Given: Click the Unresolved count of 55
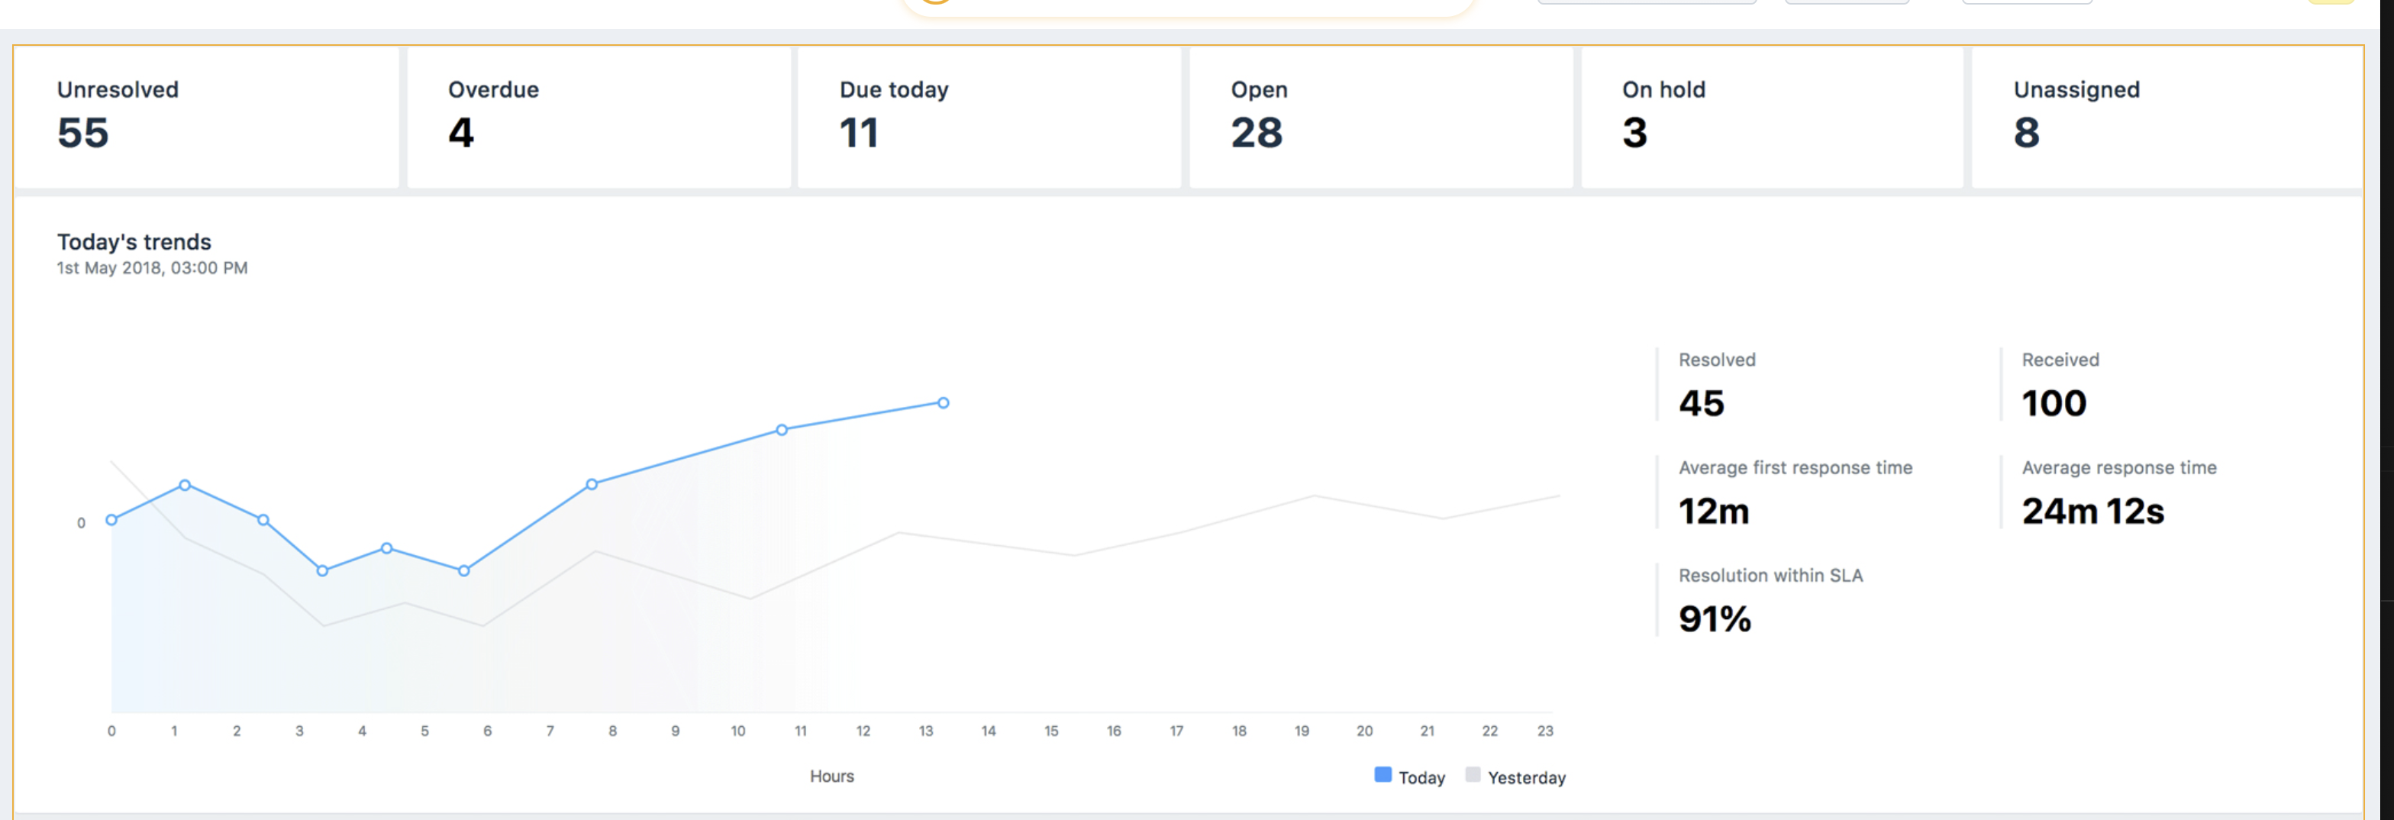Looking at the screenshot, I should coord(82,133).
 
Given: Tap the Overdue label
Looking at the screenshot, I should coord(492,90).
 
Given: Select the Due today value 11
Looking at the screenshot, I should coord(858,133).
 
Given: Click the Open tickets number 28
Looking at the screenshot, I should coord(1256,133).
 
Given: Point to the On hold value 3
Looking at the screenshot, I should coord(1634,133).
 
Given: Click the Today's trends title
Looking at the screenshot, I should coord(134,242).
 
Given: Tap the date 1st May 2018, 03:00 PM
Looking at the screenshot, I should coord(151,268).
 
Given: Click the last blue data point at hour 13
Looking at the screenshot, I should coord(942,402).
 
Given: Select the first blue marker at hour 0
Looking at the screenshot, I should coord(111,520).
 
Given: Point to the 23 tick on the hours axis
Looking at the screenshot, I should coord(1544,731).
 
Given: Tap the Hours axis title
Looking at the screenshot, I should coord(831,776).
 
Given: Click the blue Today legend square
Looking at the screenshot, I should coord(1382,774).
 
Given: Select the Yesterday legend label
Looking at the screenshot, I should coord(1525,777).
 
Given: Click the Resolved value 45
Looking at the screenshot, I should coord(1701,403).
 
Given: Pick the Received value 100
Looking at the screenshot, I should coord(2053,403).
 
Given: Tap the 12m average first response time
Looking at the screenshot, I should coord(1713,512).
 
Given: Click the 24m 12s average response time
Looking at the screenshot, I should coord(2092,512).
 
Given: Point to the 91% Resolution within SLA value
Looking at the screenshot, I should coord(1714,619).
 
